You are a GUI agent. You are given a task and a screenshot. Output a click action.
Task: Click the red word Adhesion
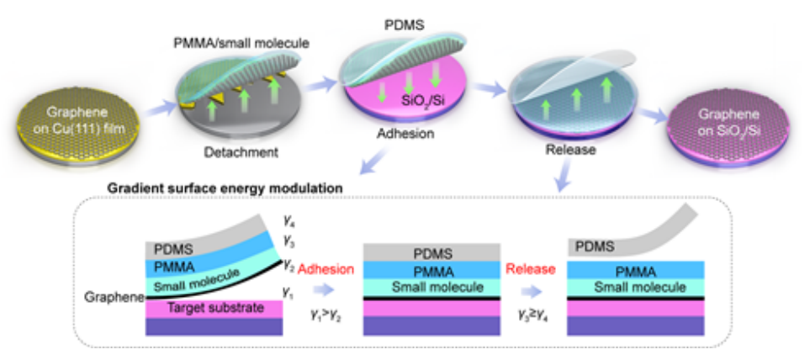tap(329, 271)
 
